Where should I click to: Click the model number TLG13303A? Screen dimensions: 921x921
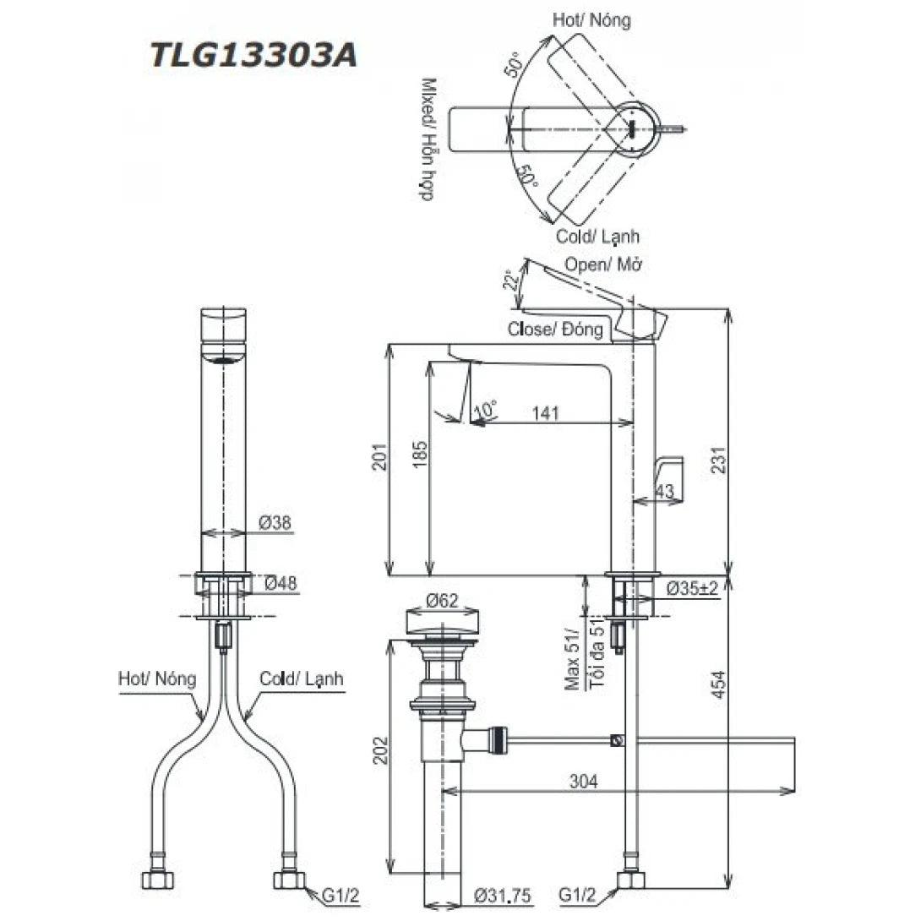click(253, 56)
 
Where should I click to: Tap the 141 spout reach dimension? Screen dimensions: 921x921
click(545, 413)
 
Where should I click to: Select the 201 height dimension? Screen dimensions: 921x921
click(380, 455)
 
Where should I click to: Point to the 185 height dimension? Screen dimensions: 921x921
click(420, 454)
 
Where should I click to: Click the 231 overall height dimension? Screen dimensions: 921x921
click(719, 460)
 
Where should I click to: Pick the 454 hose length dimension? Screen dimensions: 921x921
click(719, 684)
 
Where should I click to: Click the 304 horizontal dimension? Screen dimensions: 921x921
click(583, 782)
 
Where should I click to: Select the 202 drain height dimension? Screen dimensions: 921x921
click(380, 750)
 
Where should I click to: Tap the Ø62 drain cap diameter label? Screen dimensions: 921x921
click(442, 600)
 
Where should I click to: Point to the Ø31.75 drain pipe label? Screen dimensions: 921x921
click(503, 896)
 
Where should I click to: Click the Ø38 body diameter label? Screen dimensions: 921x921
click(275, 522)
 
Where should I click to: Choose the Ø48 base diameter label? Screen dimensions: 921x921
click(281, 583)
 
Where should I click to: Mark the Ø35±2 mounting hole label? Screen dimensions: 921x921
click(693, 587)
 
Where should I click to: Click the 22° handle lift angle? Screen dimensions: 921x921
click(511, 281)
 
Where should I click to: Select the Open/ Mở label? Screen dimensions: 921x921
click(603, 264)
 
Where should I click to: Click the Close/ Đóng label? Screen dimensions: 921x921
click(555, 329)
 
